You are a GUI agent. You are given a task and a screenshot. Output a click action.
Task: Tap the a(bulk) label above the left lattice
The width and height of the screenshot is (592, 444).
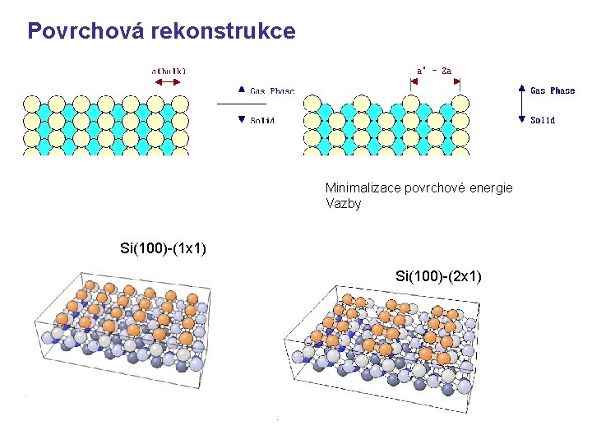click(x=169, y=71)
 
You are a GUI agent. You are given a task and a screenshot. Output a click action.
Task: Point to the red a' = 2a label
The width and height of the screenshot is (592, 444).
click(x=434, y=71)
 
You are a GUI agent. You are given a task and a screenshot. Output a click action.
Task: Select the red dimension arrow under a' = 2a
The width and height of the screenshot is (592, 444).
click(x=434, y=82)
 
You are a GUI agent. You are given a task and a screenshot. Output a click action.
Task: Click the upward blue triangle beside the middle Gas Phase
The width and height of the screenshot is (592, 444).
click(x=241, y=90)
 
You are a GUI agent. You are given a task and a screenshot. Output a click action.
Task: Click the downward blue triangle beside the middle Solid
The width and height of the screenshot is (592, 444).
click(x=241, y=119)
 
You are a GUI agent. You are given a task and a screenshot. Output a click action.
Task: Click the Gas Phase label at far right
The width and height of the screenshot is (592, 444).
click(x=553, y=90)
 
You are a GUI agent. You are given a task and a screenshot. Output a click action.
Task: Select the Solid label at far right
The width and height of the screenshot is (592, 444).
click(x=543, y=120)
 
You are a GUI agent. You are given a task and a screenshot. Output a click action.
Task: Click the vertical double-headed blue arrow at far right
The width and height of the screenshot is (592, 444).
click(x=520, y=104)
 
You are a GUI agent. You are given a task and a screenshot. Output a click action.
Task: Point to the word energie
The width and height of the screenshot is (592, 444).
click(x=490, y=188)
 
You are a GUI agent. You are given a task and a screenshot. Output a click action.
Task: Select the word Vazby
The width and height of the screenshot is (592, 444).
click(x=343, y=203)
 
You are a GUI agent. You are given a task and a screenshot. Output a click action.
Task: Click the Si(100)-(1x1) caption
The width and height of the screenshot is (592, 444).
click(x=163, y=247)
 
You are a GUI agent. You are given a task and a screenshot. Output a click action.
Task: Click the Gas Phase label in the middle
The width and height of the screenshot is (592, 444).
click(x=272, y=90)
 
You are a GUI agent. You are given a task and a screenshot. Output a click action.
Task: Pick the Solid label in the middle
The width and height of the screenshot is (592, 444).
click(x=262, y=120)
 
